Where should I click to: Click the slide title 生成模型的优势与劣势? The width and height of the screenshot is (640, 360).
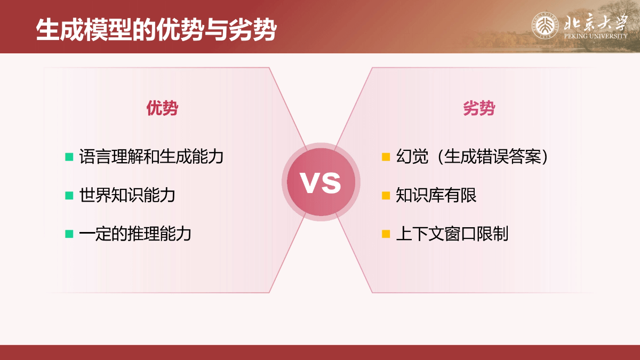(x=156, y=30)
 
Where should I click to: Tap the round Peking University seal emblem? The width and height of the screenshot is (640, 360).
(x=545, y=26)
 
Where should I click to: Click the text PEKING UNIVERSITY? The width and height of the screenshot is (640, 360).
(x=595, y=36)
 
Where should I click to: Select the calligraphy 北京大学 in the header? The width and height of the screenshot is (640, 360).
(x=595, y=22)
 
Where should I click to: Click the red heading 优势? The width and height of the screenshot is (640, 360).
(x=162, y=108)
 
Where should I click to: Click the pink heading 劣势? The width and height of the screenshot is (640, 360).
(x=479, y=108)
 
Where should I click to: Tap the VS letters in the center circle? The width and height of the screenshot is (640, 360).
(x=321, y=182)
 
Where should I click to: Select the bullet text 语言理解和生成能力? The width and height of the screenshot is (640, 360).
(x=151, y=156)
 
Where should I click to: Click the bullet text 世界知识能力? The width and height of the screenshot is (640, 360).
(x=127, y=195)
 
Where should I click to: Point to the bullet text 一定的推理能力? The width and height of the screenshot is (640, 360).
(x=135, y=234)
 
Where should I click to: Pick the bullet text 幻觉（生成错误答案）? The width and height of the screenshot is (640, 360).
(x=471, y=156)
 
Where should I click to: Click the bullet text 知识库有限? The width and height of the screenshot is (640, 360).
(x=436, y=195)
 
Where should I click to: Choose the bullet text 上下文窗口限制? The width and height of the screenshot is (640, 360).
(x=452, y=234)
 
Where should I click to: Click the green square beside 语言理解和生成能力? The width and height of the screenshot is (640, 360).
(x=69, y=157)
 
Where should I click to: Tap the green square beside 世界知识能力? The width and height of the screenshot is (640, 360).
(x=69, y=195)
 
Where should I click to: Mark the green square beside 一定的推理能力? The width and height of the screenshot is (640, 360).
(x=69, y=234)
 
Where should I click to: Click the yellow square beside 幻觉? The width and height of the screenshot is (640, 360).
(x=386, y=157)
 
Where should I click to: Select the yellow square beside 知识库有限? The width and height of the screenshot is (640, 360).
(x=386, y=195)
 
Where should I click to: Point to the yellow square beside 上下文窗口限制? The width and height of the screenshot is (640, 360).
(x=386, y=234)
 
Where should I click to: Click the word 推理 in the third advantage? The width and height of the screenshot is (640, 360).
(x=143, y=234)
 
